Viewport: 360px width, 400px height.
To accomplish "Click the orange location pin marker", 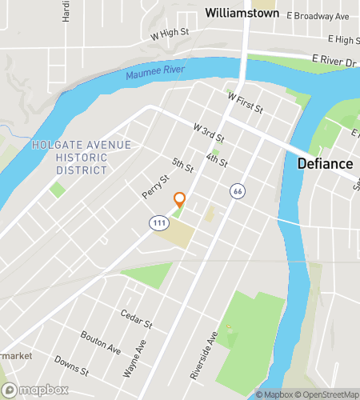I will click(x=180, y=200).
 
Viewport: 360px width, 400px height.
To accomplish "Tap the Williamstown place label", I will click(x=241, y=13).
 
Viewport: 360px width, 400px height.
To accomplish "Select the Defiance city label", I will click(x=325, y=164).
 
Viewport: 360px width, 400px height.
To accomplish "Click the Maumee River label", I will click(x=154, y=74).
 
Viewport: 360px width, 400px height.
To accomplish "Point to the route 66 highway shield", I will click(x=237, y=191).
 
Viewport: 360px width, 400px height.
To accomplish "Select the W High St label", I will click(x=169, y=34).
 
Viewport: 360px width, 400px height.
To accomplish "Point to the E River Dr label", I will click(x=333, y=59).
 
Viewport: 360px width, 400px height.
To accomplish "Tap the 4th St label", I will click(x=216, y=160).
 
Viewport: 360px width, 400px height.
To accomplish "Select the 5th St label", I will click(x=182, y=166).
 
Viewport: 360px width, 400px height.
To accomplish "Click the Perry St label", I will click(x=157, y=187).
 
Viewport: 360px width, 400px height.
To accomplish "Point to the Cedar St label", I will click(x=135, y=319).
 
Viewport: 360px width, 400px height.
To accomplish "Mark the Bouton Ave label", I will click(x=100, y=342).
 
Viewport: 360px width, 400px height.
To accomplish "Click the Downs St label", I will click(x=72, y=367).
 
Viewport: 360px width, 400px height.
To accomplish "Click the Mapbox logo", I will click(x=34, y=390).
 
